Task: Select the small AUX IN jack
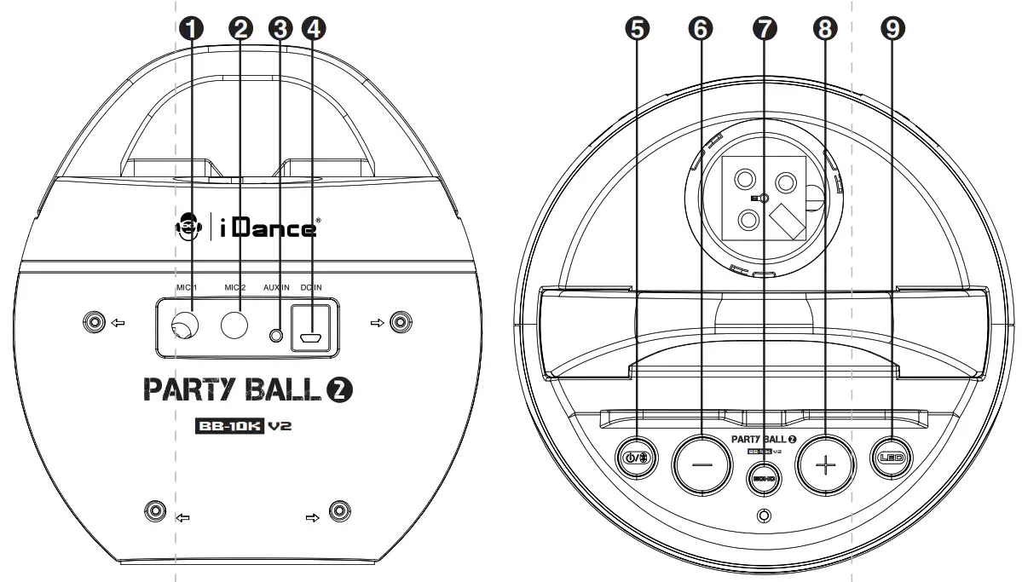(x=275, y=336)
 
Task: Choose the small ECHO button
(x=763, y=479)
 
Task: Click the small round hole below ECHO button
(x=765, y=516)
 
